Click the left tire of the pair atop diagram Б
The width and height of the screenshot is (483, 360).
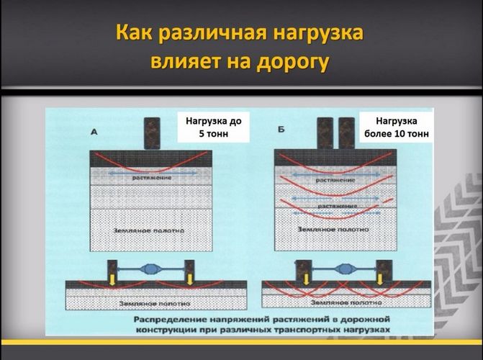[x=326, y=132]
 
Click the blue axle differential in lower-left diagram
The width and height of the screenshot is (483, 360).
[x=150, y=273]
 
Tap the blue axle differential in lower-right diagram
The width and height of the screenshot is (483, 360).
[x=343, y=273]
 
